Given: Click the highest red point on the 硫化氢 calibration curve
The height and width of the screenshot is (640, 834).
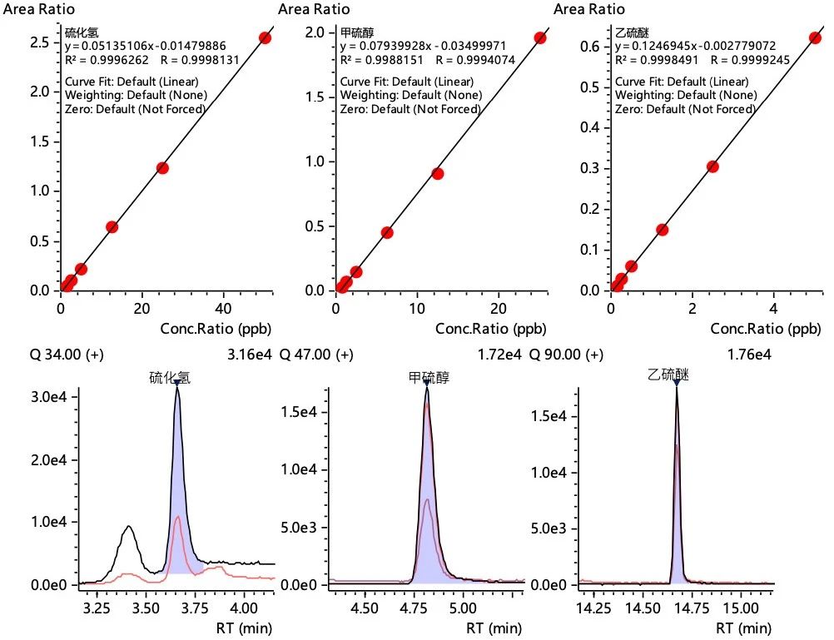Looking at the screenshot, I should click(x=265, y=37).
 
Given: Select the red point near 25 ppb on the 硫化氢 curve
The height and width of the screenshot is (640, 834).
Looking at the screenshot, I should click(x=162, y=168).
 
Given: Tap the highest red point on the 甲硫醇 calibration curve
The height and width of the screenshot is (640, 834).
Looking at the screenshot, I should click(x=540, y=37).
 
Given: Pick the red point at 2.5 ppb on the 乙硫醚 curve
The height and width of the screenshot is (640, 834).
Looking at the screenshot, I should click(x=712, y=166).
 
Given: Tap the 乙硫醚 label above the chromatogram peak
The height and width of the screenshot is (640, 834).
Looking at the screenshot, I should click(x=668, y=375).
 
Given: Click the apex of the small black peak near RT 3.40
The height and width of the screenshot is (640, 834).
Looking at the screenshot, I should click(x=127, y=526).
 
